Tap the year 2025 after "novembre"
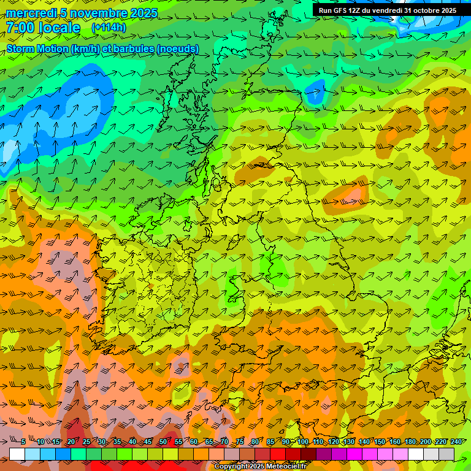[142, 13]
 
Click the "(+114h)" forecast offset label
[109, 28]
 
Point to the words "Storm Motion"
[37, 48]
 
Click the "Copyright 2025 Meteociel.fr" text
[261, 467]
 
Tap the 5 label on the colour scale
[23, 442]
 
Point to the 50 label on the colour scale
[163, 442]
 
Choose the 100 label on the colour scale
[303, 442]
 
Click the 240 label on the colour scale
[456, 442]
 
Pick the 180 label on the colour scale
[410, 442]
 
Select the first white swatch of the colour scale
[17, 454]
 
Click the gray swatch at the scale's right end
[446, 454]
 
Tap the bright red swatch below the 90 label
[278, 454]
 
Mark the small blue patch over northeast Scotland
[316, 91]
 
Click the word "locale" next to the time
[60, 28]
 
